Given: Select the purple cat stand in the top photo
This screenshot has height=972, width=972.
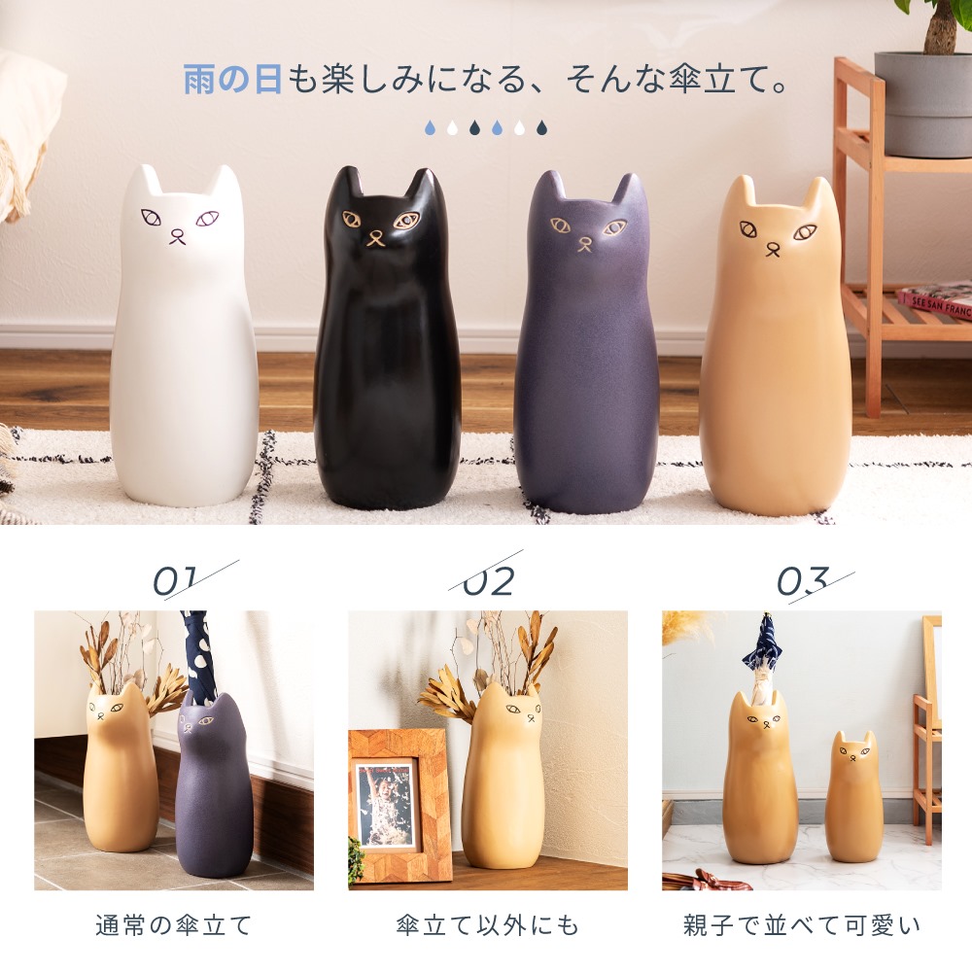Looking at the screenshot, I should point(585,360).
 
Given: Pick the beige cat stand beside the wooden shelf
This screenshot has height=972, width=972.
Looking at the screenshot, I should point(775,360).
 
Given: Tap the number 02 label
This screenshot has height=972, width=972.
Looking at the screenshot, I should point(488,581).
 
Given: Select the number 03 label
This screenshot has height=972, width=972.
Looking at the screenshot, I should point(802,581).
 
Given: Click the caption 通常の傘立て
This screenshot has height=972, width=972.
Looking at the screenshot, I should point(174,924).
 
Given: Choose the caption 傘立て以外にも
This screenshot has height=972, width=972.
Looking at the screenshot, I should point(488,924).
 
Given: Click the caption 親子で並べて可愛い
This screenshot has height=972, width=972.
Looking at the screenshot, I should point(802,924).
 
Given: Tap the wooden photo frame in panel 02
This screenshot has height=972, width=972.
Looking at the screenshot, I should point(399,805).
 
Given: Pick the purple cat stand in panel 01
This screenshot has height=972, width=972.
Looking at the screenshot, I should point(214,787).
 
